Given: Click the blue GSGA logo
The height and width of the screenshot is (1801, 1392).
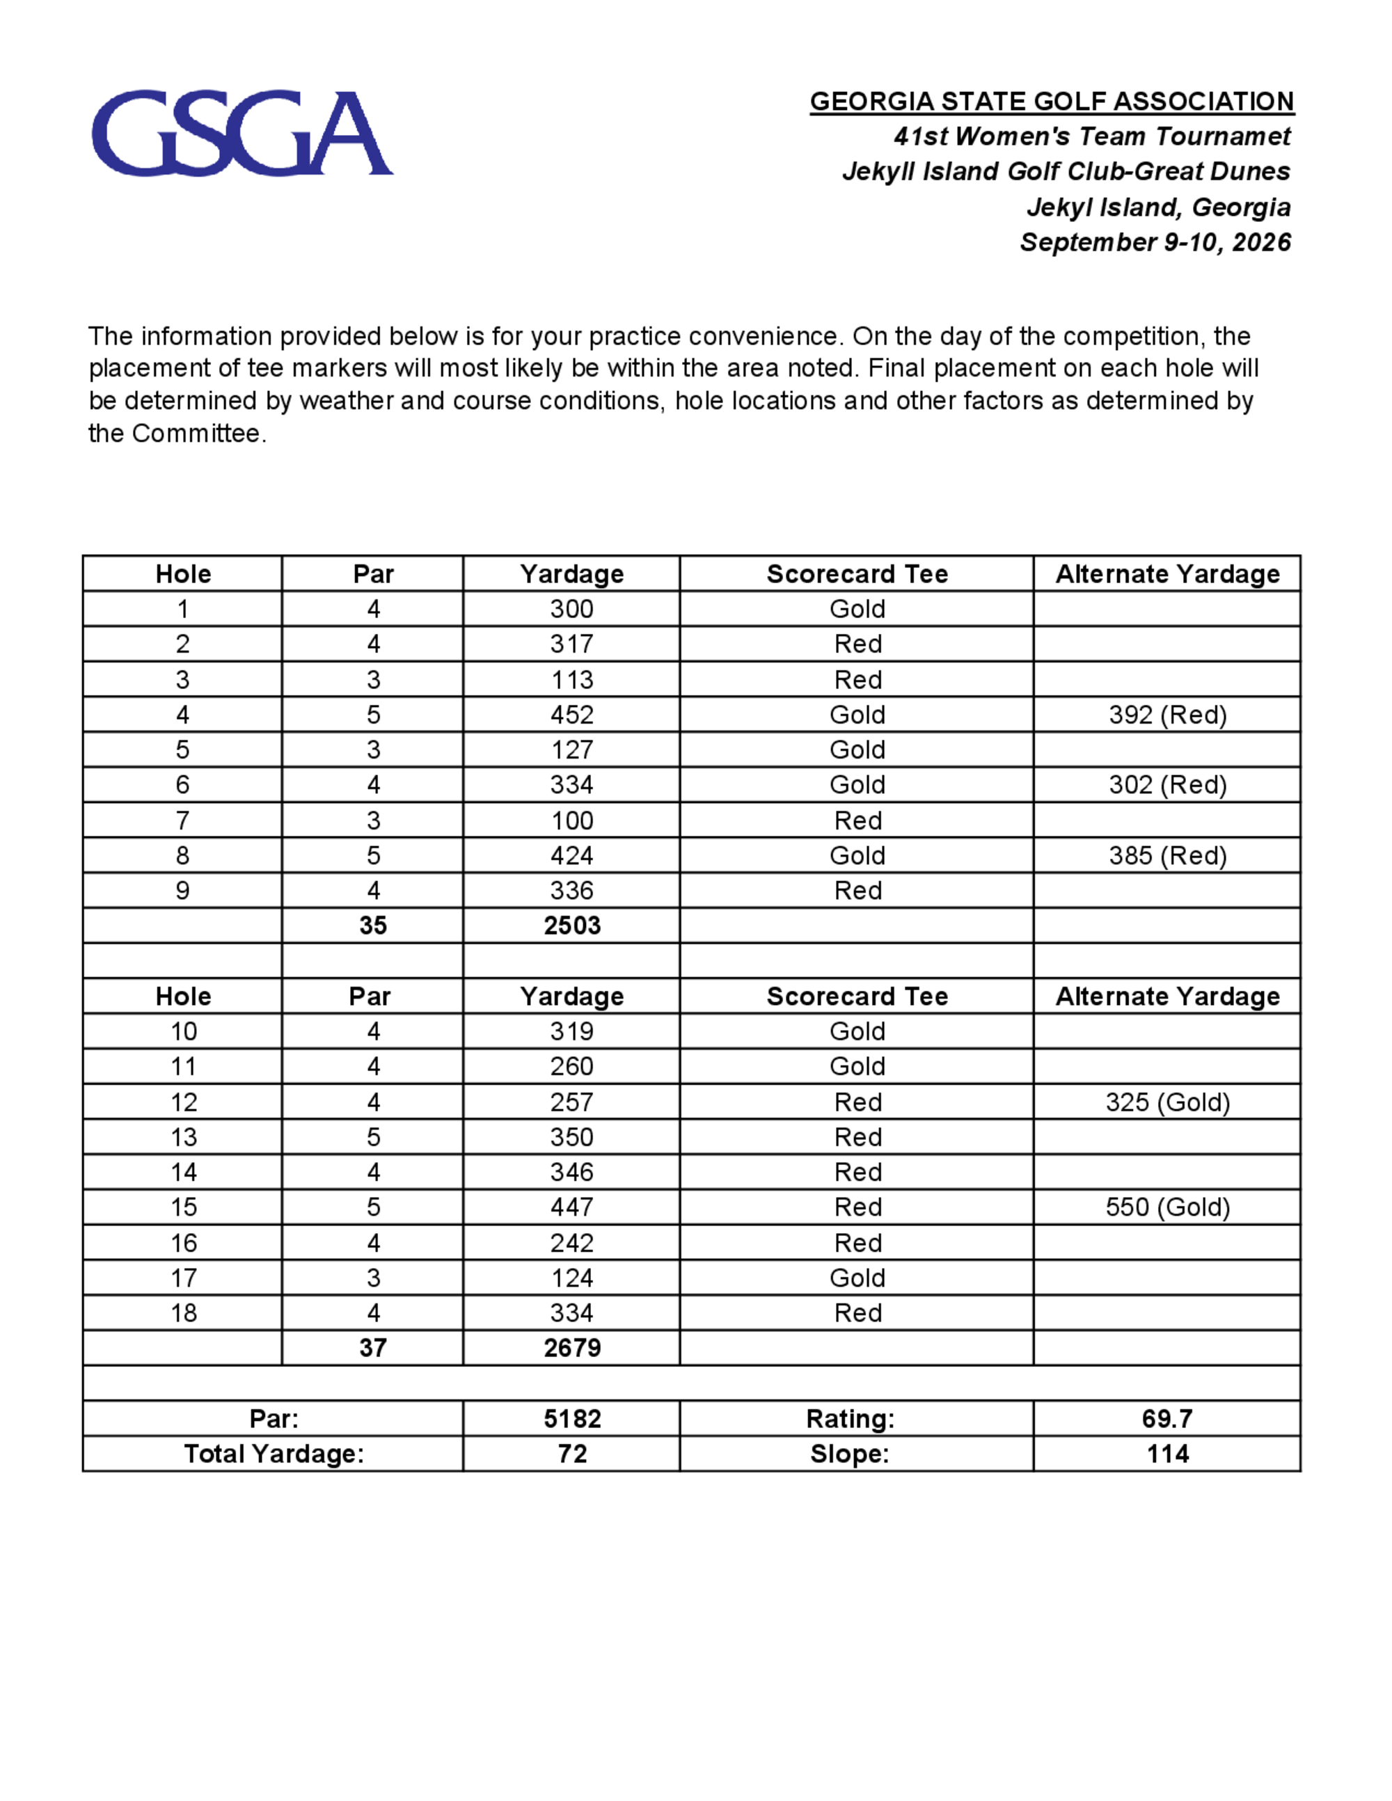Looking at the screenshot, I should coord(242,134).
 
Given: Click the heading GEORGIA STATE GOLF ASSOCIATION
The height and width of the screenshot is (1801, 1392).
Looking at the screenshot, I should coord(1052,102).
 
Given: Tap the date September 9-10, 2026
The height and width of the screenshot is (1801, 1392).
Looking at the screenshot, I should coord(1155,242).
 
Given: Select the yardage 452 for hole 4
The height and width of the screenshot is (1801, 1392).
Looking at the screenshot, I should coord(571,715).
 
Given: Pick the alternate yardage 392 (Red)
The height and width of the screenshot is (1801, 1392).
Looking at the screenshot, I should coord(1167,715).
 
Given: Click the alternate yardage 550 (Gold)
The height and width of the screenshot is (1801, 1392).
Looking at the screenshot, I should coord(1167,1207).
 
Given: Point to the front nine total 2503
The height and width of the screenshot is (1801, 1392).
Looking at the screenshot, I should coord(571,926).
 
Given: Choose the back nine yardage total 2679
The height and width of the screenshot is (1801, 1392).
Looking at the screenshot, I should coord(571,1347).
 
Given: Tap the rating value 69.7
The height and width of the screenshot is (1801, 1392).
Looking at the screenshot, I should coord(1167,1418).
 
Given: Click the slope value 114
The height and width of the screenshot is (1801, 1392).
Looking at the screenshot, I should coord(1167,1453).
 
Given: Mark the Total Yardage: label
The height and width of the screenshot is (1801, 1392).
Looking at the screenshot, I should coord(274,1453).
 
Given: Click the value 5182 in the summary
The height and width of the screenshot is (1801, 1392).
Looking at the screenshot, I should coord(571,1418).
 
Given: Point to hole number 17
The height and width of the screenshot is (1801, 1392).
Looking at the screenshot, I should coord(183,1278).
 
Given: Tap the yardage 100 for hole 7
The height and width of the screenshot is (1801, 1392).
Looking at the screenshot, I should coord(571,820).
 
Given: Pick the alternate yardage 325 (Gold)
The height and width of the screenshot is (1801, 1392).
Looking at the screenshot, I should coord(1167,1102).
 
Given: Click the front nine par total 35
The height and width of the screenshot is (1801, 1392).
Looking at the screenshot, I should coord(373,926).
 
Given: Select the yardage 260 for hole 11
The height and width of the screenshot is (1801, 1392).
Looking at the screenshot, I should coord(571,1066).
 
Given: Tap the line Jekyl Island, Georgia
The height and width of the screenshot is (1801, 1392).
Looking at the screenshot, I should coord(1158,207).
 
